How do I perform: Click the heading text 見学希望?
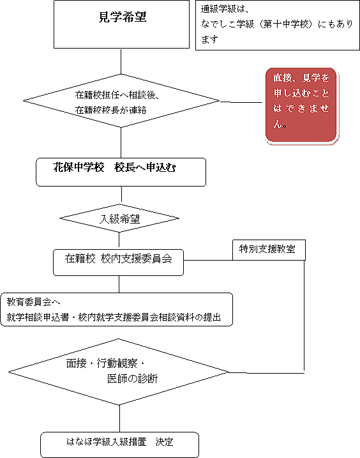(123, 17)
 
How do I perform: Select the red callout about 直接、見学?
(301, 105)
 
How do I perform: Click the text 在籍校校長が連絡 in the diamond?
(110, 110)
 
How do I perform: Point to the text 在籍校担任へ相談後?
(114, 95)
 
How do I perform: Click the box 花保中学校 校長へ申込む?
(121, 172)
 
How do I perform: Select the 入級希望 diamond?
(119, 218)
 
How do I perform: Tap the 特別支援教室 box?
(269, 250)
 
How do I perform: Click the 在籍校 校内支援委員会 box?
(118, 263)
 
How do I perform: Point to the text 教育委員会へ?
(33, 302)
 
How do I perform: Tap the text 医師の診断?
(133, 379)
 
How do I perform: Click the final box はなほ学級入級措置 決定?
(119, 445)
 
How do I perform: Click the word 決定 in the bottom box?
(165, 442)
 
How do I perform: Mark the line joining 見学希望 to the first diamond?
(121, 61)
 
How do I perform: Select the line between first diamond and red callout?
(241, 102)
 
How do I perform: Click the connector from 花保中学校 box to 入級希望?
(121, 195)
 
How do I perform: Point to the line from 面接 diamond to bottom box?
(119, 418)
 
